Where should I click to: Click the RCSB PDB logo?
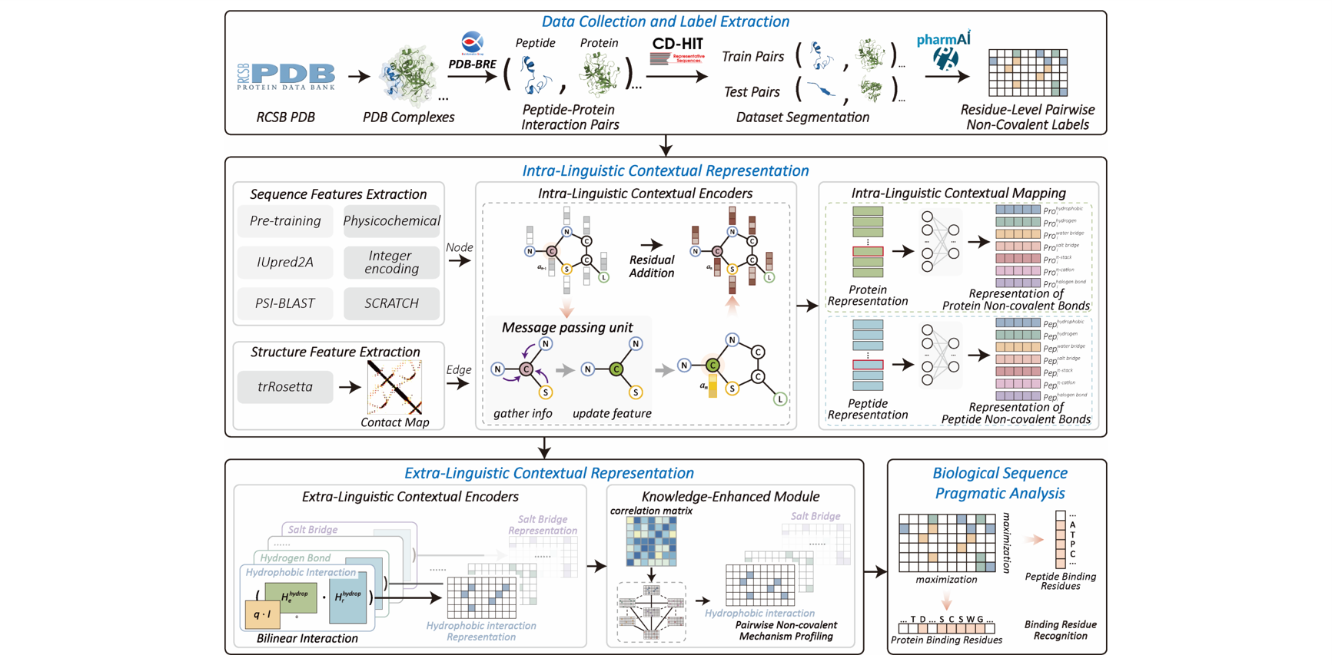pos(286,76)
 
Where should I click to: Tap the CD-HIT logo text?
pos(677,44)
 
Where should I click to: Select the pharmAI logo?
pos(944,50)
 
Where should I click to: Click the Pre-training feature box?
pos(285,221)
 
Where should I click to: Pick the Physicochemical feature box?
pos(391,221)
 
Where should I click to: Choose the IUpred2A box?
pos(285,263)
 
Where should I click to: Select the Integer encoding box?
pos(391,263)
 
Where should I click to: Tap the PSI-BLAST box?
pos(285,303)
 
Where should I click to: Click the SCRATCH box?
pos(391,303)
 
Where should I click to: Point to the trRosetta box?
pos(285,387)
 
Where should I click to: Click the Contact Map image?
pos(394,388)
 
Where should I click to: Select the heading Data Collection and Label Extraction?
pos(665,22)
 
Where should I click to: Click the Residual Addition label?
pos(652,266)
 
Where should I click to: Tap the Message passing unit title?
pos(567,327)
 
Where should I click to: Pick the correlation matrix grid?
pos(651,541)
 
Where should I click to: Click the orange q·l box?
pos(262,614)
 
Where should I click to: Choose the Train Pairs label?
pos(752,57)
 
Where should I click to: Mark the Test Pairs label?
pos(752,92)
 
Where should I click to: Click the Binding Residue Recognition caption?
pos(1060,630)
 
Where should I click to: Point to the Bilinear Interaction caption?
pos(307,638)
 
